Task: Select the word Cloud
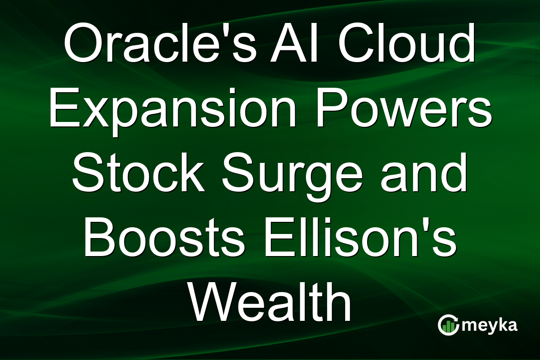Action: pos(407,43)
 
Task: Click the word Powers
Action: pos(404,108)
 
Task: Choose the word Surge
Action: pos(292,176)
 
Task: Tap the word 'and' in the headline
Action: pos(424,173)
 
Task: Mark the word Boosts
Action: pos(164,238)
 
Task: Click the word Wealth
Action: pos(270,303)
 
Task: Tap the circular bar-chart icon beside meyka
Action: pos(448,325)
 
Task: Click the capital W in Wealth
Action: pos(214,303)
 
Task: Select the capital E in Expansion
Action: pos(65,108)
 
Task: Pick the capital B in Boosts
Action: pos(99,238)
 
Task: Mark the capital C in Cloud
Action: pos(356,43)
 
